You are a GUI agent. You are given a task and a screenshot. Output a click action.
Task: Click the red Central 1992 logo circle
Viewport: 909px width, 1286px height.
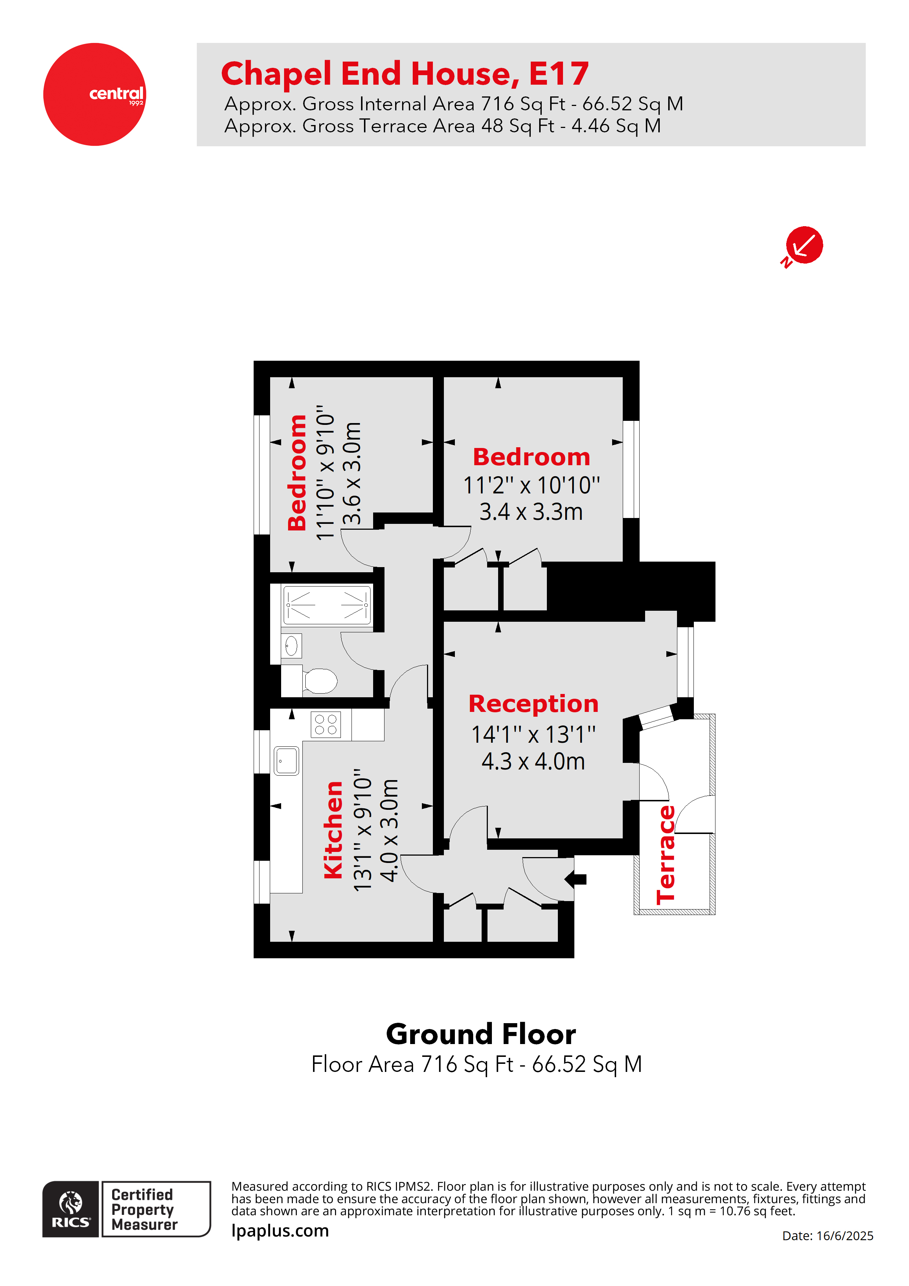click(94, 94)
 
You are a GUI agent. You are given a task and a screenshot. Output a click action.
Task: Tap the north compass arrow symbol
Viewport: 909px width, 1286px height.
click(804, 245)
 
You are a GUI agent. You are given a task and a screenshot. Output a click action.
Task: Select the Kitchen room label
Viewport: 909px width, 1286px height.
click(333, 830)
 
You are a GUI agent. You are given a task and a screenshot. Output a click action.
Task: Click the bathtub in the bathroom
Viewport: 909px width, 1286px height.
click(327, 605)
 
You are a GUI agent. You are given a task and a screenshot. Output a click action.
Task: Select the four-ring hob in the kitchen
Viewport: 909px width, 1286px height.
click(325, 724)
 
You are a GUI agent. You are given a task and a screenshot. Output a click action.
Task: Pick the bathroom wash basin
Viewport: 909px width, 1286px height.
click(291, 646)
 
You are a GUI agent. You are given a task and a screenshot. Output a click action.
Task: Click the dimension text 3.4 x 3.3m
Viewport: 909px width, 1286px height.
click(531, 512)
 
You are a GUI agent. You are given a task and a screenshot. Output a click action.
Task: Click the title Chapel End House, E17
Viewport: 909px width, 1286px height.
click(405, 73)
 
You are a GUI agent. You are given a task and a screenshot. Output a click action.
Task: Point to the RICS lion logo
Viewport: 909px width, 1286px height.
click(71, 1210)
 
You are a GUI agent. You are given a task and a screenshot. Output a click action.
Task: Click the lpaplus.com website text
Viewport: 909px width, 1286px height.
click(280, 1231)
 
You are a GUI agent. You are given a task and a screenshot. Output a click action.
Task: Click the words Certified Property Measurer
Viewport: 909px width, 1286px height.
click(144, 1210)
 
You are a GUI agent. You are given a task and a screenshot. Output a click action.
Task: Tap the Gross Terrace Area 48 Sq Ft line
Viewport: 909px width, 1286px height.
click(442, 126)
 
